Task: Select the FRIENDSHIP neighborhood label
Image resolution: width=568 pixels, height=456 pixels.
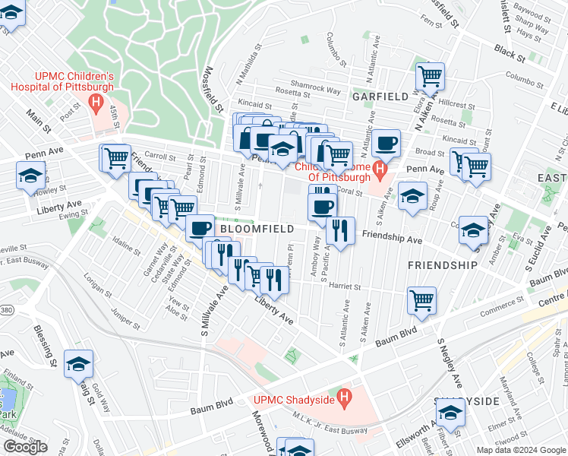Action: pyautogui.click(x=443, y=265)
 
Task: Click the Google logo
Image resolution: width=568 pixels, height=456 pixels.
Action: pyautogui.click(x=25, y=447)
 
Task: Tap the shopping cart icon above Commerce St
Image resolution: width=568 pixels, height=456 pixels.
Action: pyautogui.click(x=421, y=299)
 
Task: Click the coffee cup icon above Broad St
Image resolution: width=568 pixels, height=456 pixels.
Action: pyautogui.click(x=387, y=143)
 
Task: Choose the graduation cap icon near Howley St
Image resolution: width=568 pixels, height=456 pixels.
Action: pyautogui.click(x=30, y=176)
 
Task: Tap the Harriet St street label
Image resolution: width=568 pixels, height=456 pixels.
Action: pyautogui.click(x=344, y=287)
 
